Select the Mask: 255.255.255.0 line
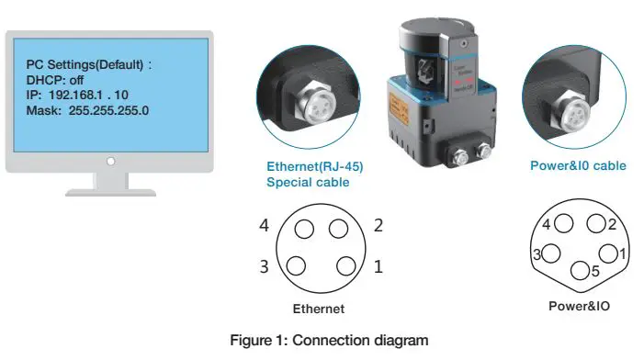[x=87, y=110]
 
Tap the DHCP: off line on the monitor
[x=55, y=80]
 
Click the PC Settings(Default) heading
[x=88, y=64]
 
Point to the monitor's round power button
[x=110, y=161]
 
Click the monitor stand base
[x=110, y=192]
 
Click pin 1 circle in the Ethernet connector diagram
[x=345, y=266]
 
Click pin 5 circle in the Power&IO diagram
[x=580, y=271]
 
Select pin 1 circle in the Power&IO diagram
[x=607, y=253]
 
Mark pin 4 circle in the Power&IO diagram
[x=562, y=223]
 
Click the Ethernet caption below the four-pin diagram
[x=318, y=309]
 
